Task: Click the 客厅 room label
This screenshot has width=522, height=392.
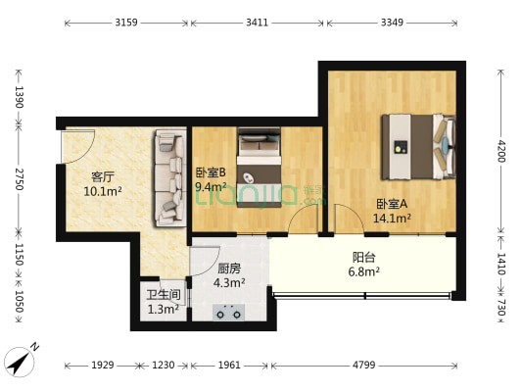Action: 103,177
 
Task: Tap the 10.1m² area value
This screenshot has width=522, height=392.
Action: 103,192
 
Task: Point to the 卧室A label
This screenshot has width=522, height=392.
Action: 393,205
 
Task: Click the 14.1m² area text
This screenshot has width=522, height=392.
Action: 393,220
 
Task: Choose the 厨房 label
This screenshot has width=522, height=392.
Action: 229,269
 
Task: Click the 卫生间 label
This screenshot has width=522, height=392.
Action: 163,295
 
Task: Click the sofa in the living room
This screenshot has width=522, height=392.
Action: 169,176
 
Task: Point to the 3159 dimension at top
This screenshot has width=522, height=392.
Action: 125,21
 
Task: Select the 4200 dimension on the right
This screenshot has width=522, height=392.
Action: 500,151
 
